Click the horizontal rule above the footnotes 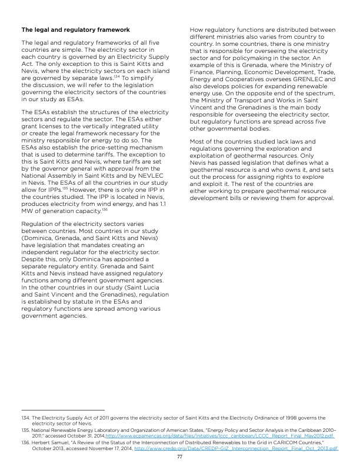coord(62,409)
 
